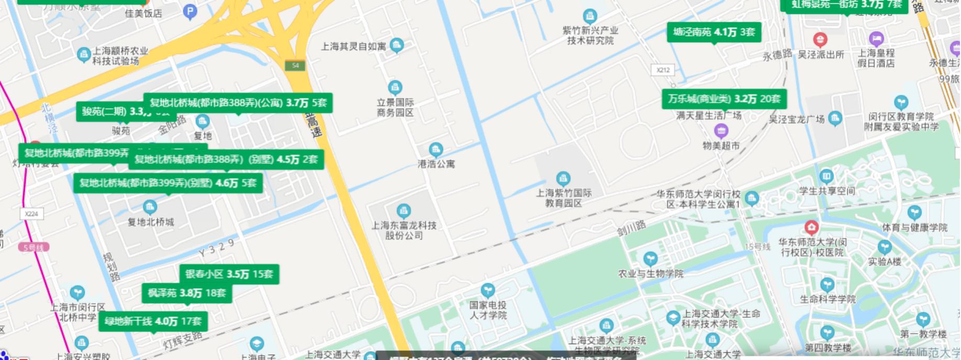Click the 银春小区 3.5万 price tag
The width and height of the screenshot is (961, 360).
coord(229,274)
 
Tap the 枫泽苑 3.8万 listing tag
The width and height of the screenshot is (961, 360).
coord(186,293)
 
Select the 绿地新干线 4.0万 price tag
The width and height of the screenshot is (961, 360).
coord(153,321)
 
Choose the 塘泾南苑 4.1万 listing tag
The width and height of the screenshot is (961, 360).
coord(714,32)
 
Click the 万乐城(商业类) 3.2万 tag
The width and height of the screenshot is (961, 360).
coord(724,98)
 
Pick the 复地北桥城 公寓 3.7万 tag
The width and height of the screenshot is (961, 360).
coord(238,103)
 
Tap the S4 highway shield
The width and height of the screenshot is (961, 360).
coord(295,65)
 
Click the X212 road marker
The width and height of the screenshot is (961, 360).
coord(663,70)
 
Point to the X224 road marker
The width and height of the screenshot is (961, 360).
coord(31,213)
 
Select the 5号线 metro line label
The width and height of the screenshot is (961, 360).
coord(33,247)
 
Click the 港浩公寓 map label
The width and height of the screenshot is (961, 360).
coord(436,164)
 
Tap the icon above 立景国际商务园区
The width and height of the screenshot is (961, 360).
coord(395,87)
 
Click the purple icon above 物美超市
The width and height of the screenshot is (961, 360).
coord(721,130)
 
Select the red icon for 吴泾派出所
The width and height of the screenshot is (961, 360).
coord(820,39)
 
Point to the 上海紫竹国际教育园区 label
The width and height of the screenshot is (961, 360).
coord(563,198)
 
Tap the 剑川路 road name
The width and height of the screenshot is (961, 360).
coord(631,228)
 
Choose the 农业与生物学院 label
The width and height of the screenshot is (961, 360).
coord(651,273)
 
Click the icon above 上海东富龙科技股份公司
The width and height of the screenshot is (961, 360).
coord(404,211)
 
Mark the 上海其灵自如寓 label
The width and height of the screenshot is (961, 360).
coord(353,47)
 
